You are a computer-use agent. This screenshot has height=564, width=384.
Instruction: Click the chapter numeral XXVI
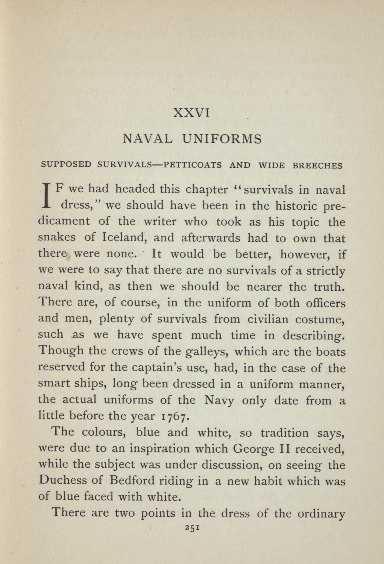(x=192, y=113)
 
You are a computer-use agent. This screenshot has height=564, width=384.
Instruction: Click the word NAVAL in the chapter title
(x=147, y=139)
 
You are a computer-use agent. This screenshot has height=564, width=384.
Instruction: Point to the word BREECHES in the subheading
(x=318, y=165)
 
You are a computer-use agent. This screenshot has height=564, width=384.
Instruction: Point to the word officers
(x=325, y=303)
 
